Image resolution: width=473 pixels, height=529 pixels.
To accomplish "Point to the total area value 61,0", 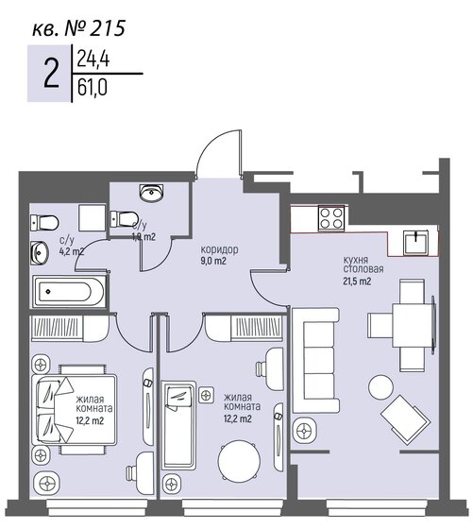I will click(x=93, y=92).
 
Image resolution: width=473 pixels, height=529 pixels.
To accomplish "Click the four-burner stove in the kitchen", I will click(x=329, y=219).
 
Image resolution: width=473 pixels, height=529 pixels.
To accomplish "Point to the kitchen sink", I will click(x=416, y=243).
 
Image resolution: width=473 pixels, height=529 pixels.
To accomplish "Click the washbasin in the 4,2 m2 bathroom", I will click(x=41, y=253).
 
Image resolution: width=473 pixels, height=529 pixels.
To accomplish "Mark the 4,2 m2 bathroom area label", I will click(x=72, y=252).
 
